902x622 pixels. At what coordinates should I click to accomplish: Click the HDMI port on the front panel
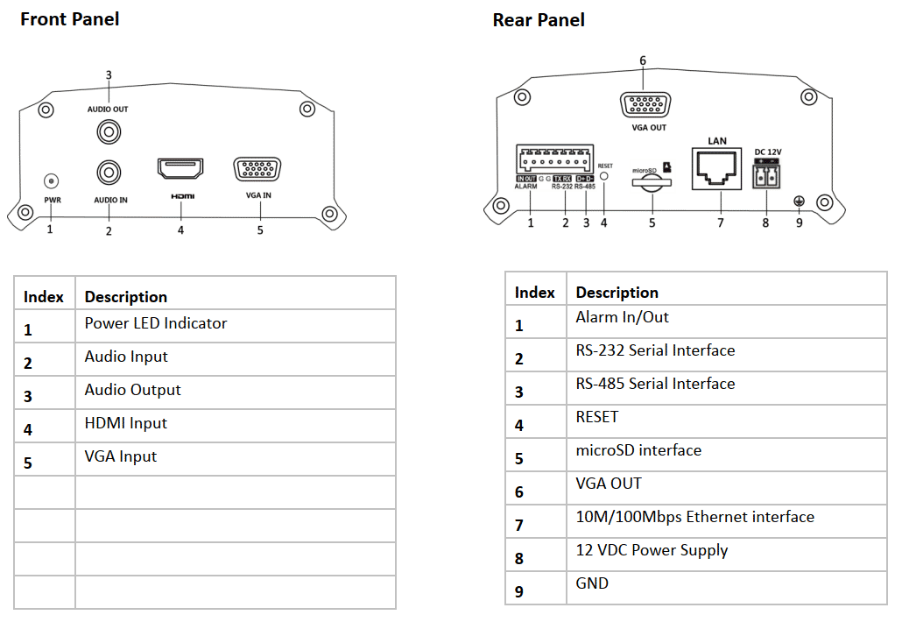click(x=180, y=169)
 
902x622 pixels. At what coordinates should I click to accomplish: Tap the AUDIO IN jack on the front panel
click(x=109, y=170)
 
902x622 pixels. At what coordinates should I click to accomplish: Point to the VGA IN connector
click(x=257, y=170)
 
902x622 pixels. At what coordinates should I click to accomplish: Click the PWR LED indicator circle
click(x=51, y=181)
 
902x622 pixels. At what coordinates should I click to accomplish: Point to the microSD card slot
click(x=652, y=182)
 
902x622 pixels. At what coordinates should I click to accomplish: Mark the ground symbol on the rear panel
click(x=798, y=201)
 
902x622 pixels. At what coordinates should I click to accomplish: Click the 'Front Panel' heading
click(x=70, y=18)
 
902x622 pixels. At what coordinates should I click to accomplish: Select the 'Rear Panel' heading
click(x=539, y=19)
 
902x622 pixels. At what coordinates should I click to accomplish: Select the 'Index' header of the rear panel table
click(x=534, y=292)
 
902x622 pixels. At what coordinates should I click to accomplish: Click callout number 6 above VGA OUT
click(x=643, y=60)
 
